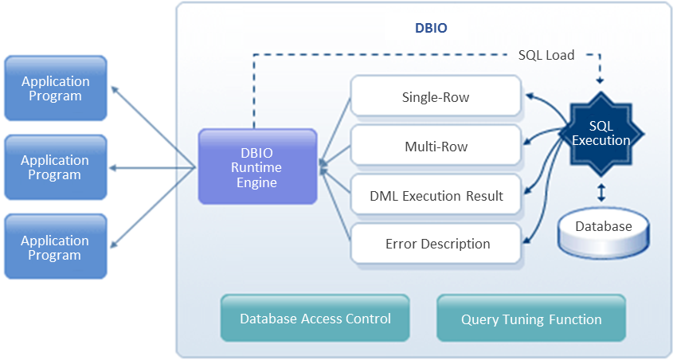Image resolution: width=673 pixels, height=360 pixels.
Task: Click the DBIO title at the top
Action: (x=431, y=28)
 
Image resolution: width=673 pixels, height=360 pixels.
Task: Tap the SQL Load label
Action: (x=546, y=56)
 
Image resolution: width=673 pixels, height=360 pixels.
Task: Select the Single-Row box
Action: (x=436, y=98)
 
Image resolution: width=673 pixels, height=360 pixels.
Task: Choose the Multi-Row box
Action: (x=436, y=147)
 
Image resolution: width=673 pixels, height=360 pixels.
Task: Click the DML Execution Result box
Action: (x=436, y=195)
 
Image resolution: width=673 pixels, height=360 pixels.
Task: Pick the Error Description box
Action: (x=436, y=244)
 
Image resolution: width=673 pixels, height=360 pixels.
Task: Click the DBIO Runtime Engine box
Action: (x=257, y=168)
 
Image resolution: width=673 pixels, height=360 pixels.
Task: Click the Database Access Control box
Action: (x=315, y=319)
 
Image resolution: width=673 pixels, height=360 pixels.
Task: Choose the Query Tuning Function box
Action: (x=531, y=319)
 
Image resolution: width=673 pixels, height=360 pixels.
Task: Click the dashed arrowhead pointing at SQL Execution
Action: (x=601, y=80)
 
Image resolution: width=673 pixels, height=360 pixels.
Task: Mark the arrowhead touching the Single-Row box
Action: (x=527, y=94)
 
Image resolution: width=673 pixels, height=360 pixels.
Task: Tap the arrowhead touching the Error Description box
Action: (x=527, y=241)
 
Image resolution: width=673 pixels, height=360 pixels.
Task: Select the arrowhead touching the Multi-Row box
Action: (x=527, y=143)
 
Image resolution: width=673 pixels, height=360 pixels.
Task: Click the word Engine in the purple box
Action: (x=257, y=183)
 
